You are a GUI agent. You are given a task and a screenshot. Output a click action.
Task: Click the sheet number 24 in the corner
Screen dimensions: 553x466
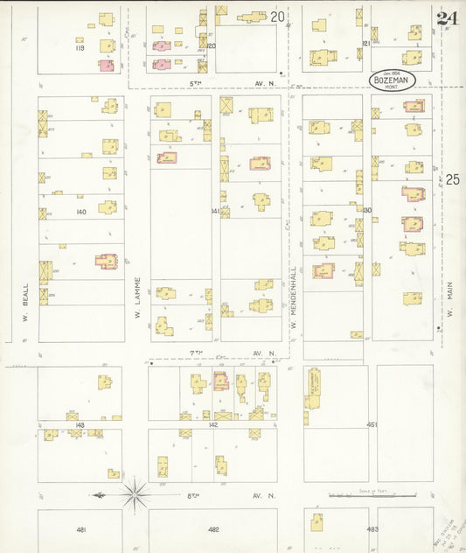click(x=447, y=18)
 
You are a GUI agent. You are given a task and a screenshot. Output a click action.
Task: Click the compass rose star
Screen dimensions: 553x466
click(x=136, y=495)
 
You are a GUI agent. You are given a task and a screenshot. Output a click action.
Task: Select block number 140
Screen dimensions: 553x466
click(x=82, y=212)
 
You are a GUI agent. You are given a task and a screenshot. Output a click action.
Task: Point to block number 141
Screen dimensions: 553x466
click(x=214, y=212)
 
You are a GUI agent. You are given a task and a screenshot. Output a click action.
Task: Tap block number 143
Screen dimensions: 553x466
click(x=80, y=424)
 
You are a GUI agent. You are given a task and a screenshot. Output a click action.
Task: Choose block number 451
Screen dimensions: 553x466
click(x=372, y=424)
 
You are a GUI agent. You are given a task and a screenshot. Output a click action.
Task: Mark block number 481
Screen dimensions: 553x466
click(x=80, y=529)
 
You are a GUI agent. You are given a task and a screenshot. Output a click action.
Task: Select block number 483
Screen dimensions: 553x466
click(x=372, y=529)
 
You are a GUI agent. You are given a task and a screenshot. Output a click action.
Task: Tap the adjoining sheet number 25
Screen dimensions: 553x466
click(x=451, y=179)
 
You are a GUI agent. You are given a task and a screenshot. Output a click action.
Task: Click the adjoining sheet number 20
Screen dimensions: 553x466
click(x=277, y=17)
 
